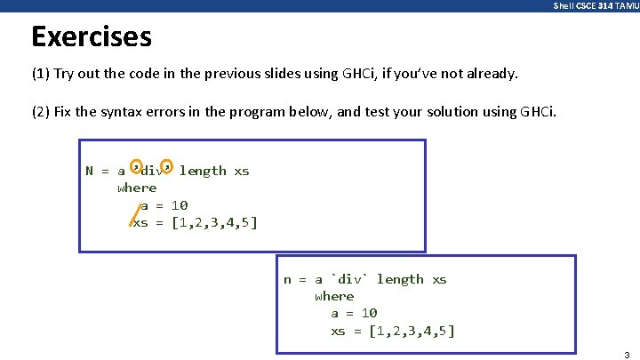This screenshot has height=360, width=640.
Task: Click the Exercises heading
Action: click(92, 37)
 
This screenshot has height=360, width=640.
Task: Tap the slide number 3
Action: click(627, 353)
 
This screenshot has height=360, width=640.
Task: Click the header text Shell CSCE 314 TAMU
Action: click(595, 6)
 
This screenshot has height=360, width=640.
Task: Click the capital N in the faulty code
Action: click(90, 171)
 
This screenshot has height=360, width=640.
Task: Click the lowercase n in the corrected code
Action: click(287, 279)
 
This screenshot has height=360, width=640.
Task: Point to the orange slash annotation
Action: click(133, 213)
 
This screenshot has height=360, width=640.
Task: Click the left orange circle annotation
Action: click(135, 164)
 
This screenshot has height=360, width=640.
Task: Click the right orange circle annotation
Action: click(167, 164)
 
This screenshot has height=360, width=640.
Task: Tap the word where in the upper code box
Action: click(137, 188)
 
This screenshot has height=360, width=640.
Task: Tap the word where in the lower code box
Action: click(334, 296)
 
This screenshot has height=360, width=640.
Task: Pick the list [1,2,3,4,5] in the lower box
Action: click(412, 331)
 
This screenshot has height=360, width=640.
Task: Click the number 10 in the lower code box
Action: click(369, 313)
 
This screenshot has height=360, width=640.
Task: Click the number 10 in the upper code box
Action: click(180, 205)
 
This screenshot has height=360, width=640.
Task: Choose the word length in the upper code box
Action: click(203, 171)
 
